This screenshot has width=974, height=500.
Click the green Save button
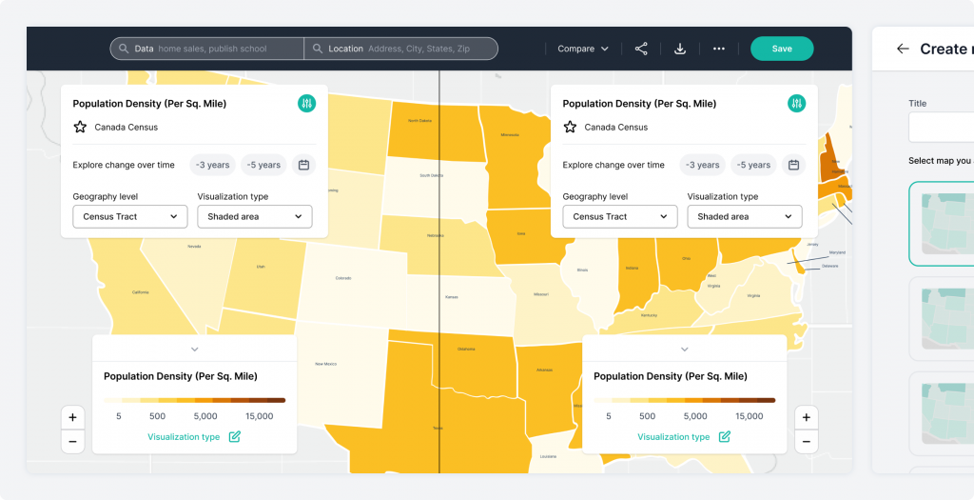(781, 49)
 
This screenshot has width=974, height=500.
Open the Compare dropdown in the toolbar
(583, 49)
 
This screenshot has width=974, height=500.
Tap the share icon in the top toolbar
(641, 49)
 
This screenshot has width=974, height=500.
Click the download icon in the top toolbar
(680, 49)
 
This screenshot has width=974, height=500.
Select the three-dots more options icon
(719, 49)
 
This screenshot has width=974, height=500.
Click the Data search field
(214, 49)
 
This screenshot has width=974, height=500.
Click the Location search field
(399, 49)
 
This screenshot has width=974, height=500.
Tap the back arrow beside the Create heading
(903, 49)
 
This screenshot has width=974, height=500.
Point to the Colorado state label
(343, 278)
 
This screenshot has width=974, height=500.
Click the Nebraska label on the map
(437, 235)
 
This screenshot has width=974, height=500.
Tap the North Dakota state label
(419, 121)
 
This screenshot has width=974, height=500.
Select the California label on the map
(141, 291)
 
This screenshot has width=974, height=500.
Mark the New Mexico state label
(326, 364)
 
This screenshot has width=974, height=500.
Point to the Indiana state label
(632, 268)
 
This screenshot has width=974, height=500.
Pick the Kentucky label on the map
(649, 314)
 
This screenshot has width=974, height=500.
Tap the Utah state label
(261, 267)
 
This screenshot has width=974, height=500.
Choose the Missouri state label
(541, 294)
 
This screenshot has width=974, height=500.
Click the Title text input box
(942, 127)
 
